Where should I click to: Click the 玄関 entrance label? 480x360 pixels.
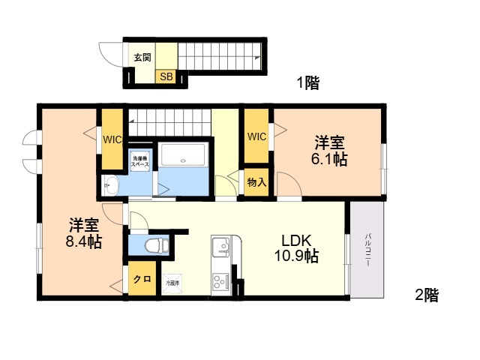pos(142,57)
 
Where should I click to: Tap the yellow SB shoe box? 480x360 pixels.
pos(166,76)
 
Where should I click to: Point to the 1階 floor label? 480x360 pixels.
pos(307,84)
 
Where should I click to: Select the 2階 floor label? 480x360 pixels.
pos(427,295)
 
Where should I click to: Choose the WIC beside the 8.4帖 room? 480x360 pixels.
pos(112,139)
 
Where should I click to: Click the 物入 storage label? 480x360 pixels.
pos(256,183)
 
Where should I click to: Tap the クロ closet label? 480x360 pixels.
pos(141,280)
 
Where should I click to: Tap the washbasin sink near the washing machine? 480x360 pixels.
pos(111,185)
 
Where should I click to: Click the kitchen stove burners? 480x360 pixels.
pos(221,283)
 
